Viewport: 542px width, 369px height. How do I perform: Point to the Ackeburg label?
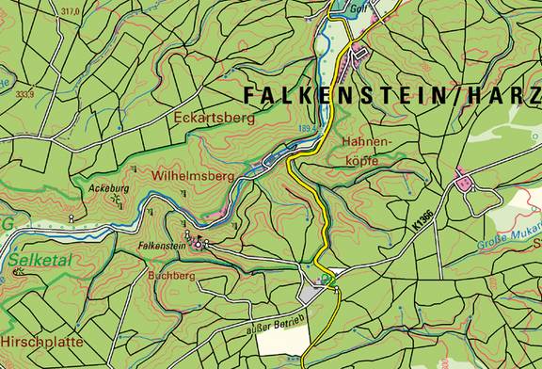pos(107,188)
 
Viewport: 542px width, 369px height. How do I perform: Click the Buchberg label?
pos(170,276)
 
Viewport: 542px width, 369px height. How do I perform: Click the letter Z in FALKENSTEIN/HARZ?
pos(534,95)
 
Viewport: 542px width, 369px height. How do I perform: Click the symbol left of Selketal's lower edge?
pos(18,272)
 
